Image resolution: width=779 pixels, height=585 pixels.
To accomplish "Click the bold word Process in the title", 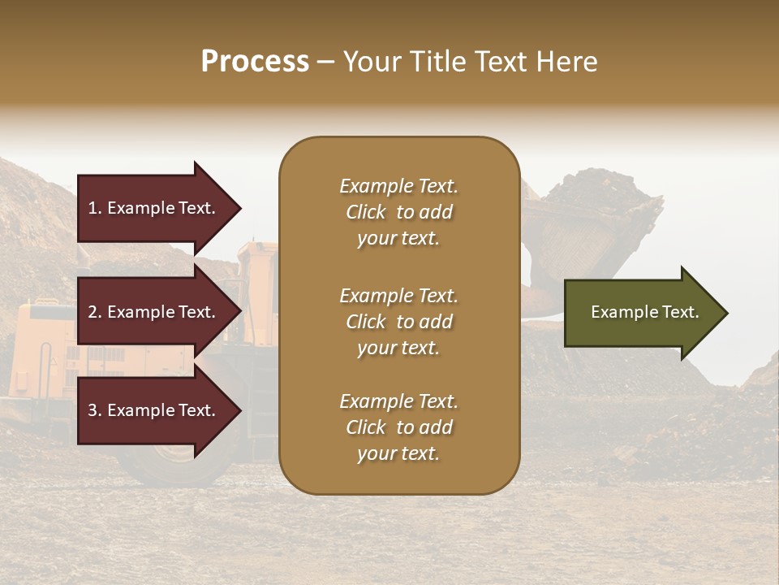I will coord(255,62).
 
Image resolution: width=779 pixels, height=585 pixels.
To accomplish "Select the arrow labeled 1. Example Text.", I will coord(154,208).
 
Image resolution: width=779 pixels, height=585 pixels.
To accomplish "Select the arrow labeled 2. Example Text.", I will coord(154,312).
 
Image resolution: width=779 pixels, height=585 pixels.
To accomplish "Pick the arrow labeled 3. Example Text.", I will coord(154,410).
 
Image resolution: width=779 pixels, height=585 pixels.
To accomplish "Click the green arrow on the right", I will coord(641,312).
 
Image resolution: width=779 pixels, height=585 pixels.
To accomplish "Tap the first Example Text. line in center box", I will coord(398,186).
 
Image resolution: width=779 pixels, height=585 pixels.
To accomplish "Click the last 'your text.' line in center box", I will coord(398,453).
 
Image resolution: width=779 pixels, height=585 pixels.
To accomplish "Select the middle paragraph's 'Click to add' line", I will coord(398,322).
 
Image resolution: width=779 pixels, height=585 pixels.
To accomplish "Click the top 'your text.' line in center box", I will coord(398,238).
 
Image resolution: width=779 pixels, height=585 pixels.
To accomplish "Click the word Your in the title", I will coord(369,62).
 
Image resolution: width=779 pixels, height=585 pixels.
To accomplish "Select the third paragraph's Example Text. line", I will coord(398,401).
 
